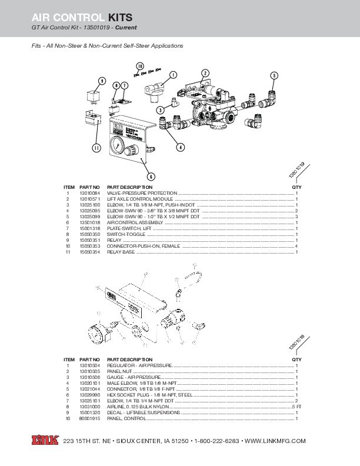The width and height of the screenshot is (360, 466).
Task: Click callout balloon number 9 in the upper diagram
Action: [x=102, y=81]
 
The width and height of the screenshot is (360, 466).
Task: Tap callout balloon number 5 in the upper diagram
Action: [x=274, y=75]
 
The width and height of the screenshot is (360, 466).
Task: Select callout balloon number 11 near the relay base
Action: [x=96, y=148]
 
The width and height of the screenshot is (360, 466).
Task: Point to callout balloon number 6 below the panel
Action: [x=151, y=176]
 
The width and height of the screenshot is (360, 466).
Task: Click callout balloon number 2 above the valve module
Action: [x=205, y=73]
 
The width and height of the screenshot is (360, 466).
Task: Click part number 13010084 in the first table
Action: [x=90, y=193]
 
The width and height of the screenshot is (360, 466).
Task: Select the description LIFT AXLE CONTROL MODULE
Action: [x=133, y=199]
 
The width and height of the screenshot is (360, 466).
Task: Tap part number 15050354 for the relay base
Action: [x=90, y=252]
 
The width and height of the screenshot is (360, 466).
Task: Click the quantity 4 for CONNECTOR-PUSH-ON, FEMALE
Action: [x=296, y=246]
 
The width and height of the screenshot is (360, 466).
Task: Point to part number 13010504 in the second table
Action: [x=90, y=365]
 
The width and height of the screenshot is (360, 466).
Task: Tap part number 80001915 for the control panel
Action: [x=90, y=418]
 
